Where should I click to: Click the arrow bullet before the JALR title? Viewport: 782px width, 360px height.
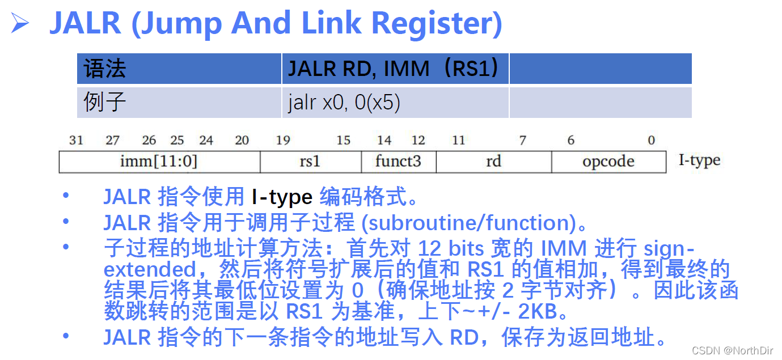[20, 24]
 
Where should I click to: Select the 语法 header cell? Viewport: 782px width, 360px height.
[105, 69]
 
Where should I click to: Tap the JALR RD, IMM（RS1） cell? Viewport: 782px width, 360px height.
[394, 69]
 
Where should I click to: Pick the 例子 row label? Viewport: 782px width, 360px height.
[104, 103]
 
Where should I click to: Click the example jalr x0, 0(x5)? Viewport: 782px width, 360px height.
[344, 103]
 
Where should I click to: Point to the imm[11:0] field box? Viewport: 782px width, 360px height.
[159, 162]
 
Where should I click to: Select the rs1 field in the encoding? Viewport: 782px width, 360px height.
[310, 162]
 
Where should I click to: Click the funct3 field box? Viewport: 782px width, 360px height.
[398, 162]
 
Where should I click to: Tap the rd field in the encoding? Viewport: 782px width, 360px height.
[493, 162]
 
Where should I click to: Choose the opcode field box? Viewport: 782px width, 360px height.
[608, 162]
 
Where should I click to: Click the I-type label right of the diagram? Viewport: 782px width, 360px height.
[699, 160]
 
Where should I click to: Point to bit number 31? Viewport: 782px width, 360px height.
[76, 141]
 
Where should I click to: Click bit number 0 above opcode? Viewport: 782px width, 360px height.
[652, 141]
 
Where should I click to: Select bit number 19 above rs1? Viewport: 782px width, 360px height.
[283, 141]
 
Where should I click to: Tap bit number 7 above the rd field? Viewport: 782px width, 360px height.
[522, 141]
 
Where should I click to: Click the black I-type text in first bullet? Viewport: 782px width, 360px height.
[282, 197]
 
